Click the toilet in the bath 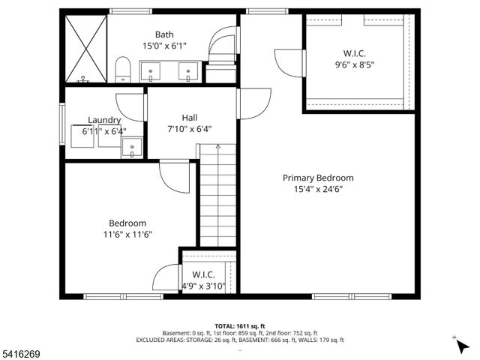[x=124, y=72]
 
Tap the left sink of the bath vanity [x=152, y=73]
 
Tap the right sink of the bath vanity [x=187, y=73]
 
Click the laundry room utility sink [x=132, y=148]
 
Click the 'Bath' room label [x=164, y=34]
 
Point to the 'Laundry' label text [x=104, y=120]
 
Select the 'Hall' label [x=189, y=117]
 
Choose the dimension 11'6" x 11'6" [x=127, y=234]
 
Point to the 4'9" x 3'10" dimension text [x=203, y=286]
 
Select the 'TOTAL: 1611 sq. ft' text [x=239, y=319]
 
